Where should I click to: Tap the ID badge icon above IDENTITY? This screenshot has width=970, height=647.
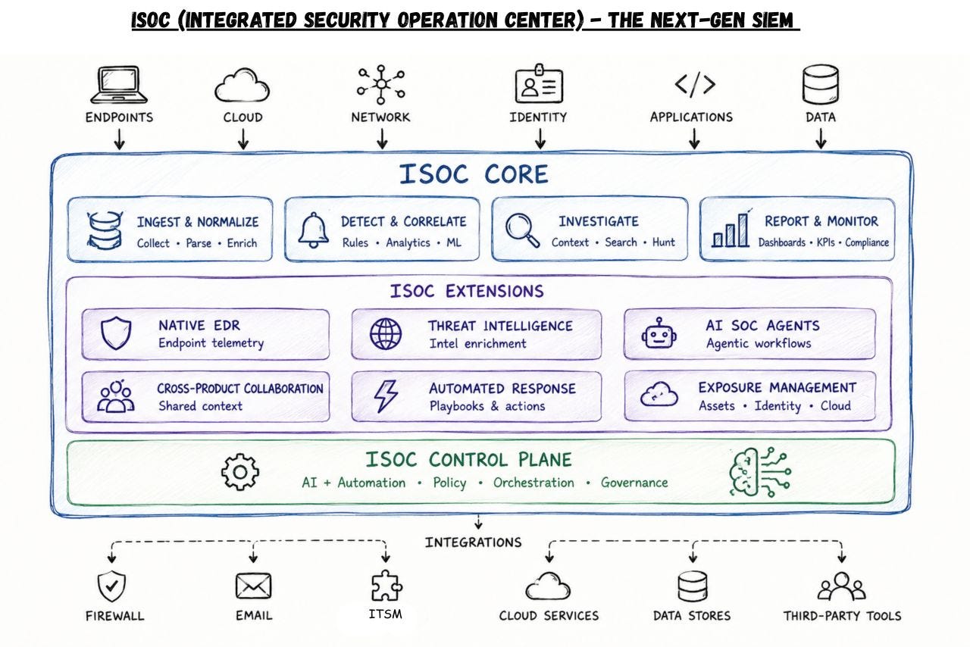tap(539, 83)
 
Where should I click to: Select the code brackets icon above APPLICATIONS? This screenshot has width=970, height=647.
tap(695, 84)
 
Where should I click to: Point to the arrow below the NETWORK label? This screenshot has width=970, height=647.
tap(382, 139)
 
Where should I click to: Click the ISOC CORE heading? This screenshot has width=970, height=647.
tap(474, 174)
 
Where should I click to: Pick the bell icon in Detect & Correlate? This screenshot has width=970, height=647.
tap(313, 230)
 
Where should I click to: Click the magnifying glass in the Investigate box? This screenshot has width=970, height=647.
tap(522, 230)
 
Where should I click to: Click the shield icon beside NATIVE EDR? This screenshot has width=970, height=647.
tap(116, 333)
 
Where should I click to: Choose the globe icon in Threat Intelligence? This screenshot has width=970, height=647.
tap(386, 334)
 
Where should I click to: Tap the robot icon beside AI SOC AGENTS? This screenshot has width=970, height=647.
tap(659, 333)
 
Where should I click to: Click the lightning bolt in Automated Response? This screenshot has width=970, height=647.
tap(386, 396)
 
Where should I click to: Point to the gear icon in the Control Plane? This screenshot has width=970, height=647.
tap(240, 471)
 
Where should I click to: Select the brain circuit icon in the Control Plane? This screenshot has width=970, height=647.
tap(760, 471)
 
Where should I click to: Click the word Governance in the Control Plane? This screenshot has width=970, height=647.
tap(634, 483)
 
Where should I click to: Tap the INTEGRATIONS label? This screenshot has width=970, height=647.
tap(474, 542)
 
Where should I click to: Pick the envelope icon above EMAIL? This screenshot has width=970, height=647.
tap(253, 586)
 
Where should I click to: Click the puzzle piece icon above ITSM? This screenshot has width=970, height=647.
tap(386, 585)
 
